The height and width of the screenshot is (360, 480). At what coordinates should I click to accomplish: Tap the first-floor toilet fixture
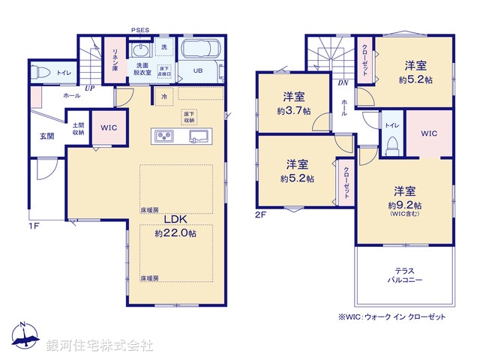[x=42, y=73]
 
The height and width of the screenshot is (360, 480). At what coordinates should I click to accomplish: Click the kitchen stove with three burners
[x=165, y=136]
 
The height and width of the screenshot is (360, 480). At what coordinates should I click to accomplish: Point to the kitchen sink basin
[x=198, y=136]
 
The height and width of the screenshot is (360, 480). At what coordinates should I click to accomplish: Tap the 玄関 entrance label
[x=46, y=136]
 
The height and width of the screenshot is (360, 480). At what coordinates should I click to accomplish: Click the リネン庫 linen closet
[x=115, y=58]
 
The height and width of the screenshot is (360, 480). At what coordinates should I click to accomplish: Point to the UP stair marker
[x=89, y=88]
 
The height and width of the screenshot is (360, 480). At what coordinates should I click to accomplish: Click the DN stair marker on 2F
[x=341, y=82]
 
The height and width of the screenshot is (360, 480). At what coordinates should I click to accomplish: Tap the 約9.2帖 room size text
[x=404, y=205]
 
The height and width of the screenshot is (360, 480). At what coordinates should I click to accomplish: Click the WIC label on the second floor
[x=428, y=133]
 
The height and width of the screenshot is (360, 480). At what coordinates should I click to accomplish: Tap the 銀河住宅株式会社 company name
[x=100, y=346]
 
